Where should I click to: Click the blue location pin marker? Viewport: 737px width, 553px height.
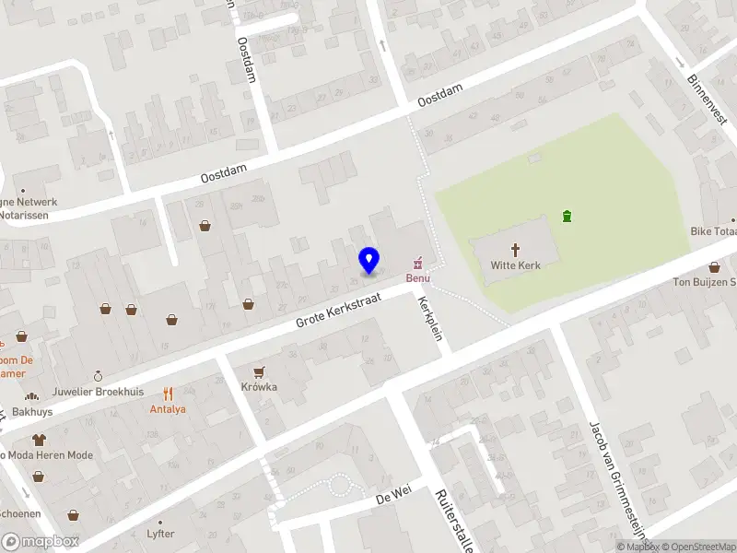[368, 261]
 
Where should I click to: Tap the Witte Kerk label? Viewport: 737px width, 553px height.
[515, 265]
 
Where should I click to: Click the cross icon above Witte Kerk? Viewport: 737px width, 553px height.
[515, 249]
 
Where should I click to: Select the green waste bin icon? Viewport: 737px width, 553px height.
[567, 218]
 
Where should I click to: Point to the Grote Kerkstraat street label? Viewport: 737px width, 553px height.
[340, 310]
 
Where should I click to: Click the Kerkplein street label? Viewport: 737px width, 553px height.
[430, 318]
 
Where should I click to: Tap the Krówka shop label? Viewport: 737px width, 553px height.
[259, 387]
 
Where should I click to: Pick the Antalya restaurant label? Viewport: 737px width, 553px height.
[168, 408]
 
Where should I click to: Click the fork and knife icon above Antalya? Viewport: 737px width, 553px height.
[168, 393]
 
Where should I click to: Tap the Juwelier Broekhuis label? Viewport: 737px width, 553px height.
[99, 392]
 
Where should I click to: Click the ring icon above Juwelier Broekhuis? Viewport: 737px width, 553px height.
[99, 376]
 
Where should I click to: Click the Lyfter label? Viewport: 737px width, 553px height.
[160, 534]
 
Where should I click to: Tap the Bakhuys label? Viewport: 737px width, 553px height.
[33, 412]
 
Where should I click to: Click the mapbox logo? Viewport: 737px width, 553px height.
[41, 542]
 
